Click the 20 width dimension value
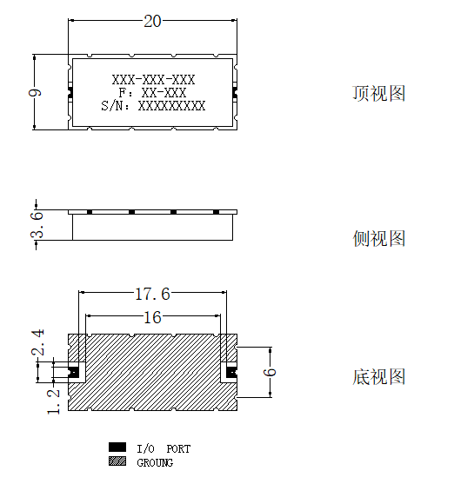pos(152,22)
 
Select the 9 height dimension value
pos(35,93)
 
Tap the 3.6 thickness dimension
pos(37,224)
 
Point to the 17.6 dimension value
pos(153,294)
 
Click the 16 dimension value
pos(153,317)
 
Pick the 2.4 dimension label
pos(37,342)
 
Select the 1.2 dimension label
pos(53,401)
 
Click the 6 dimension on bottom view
pos(270,372)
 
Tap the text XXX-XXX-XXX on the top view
pos(154,80)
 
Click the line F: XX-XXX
pos(153,93)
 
